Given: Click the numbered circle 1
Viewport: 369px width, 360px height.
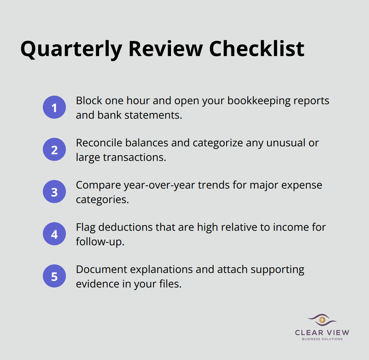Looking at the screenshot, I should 54,107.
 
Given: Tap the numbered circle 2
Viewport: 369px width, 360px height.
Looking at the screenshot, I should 54,149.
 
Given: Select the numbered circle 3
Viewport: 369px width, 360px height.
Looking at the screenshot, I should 54,192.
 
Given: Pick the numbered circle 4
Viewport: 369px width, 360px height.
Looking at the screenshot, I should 54,234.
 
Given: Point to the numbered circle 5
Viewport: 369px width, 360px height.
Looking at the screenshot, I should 54,276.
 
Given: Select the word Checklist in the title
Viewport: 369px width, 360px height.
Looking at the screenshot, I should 256,49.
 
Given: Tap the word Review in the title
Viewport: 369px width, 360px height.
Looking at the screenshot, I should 165,49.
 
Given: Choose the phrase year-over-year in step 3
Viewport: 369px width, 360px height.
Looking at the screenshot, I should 160,185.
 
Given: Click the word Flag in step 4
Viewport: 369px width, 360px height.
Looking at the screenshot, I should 85,227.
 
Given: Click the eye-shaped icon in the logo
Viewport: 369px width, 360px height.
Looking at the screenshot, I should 322,320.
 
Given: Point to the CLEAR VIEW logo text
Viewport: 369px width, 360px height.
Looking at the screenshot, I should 322,332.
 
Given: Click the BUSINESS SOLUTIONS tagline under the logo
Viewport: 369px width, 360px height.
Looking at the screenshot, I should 322,339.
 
